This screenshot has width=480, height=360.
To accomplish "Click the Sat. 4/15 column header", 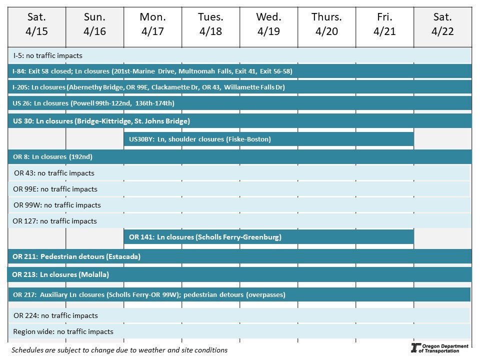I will click(x=36, y=24).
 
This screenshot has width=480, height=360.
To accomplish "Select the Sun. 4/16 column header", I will click(x=94, y=24).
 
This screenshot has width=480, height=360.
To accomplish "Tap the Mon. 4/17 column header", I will click(x=152, y=24).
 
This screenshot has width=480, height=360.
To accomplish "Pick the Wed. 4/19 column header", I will click(x=268, y=24).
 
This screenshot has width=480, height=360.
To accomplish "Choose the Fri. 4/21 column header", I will click(x=384, y=24).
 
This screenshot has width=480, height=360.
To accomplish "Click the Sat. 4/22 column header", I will click(x=442, y=24).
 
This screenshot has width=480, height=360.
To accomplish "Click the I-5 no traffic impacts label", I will click(x=47, y=55).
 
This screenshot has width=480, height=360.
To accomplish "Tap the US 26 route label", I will click(x=20, y=103).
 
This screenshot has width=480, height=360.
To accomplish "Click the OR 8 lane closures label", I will click(x=52, y=156).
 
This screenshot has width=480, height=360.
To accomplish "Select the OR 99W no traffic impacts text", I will click(x=57, y=205).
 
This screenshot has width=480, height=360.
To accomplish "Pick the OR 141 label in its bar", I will click(x=140, y=237).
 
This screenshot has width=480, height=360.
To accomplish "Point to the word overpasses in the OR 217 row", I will click(x=265, y=295).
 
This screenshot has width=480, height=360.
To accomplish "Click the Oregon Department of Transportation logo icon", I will click(x=414, y=348).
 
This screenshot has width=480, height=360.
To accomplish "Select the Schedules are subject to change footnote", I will click(x=119, y=350).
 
